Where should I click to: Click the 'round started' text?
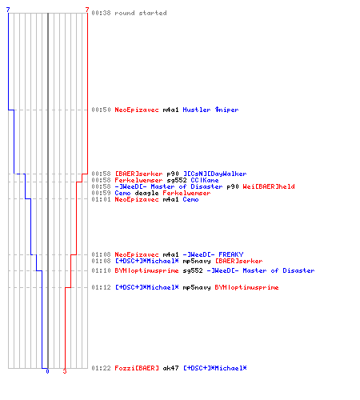click(x=141, y=13)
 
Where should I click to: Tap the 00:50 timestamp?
click(x=101, y=110)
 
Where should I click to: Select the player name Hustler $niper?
click(x=210, y=110)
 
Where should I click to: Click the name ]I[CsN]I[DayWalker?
click(x=214, y=174)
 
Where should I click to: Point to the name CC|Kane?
click(x=205, y=180)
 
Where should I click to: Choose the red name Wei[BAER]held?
click(x=269, y=186)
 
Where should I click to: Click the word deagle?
click(x=146, y=193)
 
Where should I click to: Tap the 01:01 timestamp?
click(x=101, y=199)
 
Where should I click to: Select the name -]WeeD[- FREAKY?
click(x=213, y=254)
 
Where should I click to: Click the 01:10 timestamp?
click(x=101, y=270)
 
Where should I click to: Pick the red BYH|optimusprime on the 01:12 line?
click(x=246, y=287)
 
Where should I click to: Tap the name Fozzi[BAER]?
click(x=137, y=368)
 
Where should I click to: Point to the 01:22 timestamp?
click(x=101, y=368)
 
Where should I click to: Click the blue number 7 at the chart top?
click(x=8, y=10)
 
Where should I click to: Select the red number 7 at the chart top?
click(x=87, y=10)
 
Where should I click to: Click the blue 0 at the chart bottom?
click(x=47, y=371)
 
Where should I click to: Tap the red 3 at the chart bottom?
click(x=65, y=371)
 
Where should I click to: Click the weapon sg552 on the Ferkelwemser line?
click(x=177, y=180)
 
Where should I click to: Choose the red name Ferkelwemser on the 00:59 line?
click(x=186, y=193)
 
